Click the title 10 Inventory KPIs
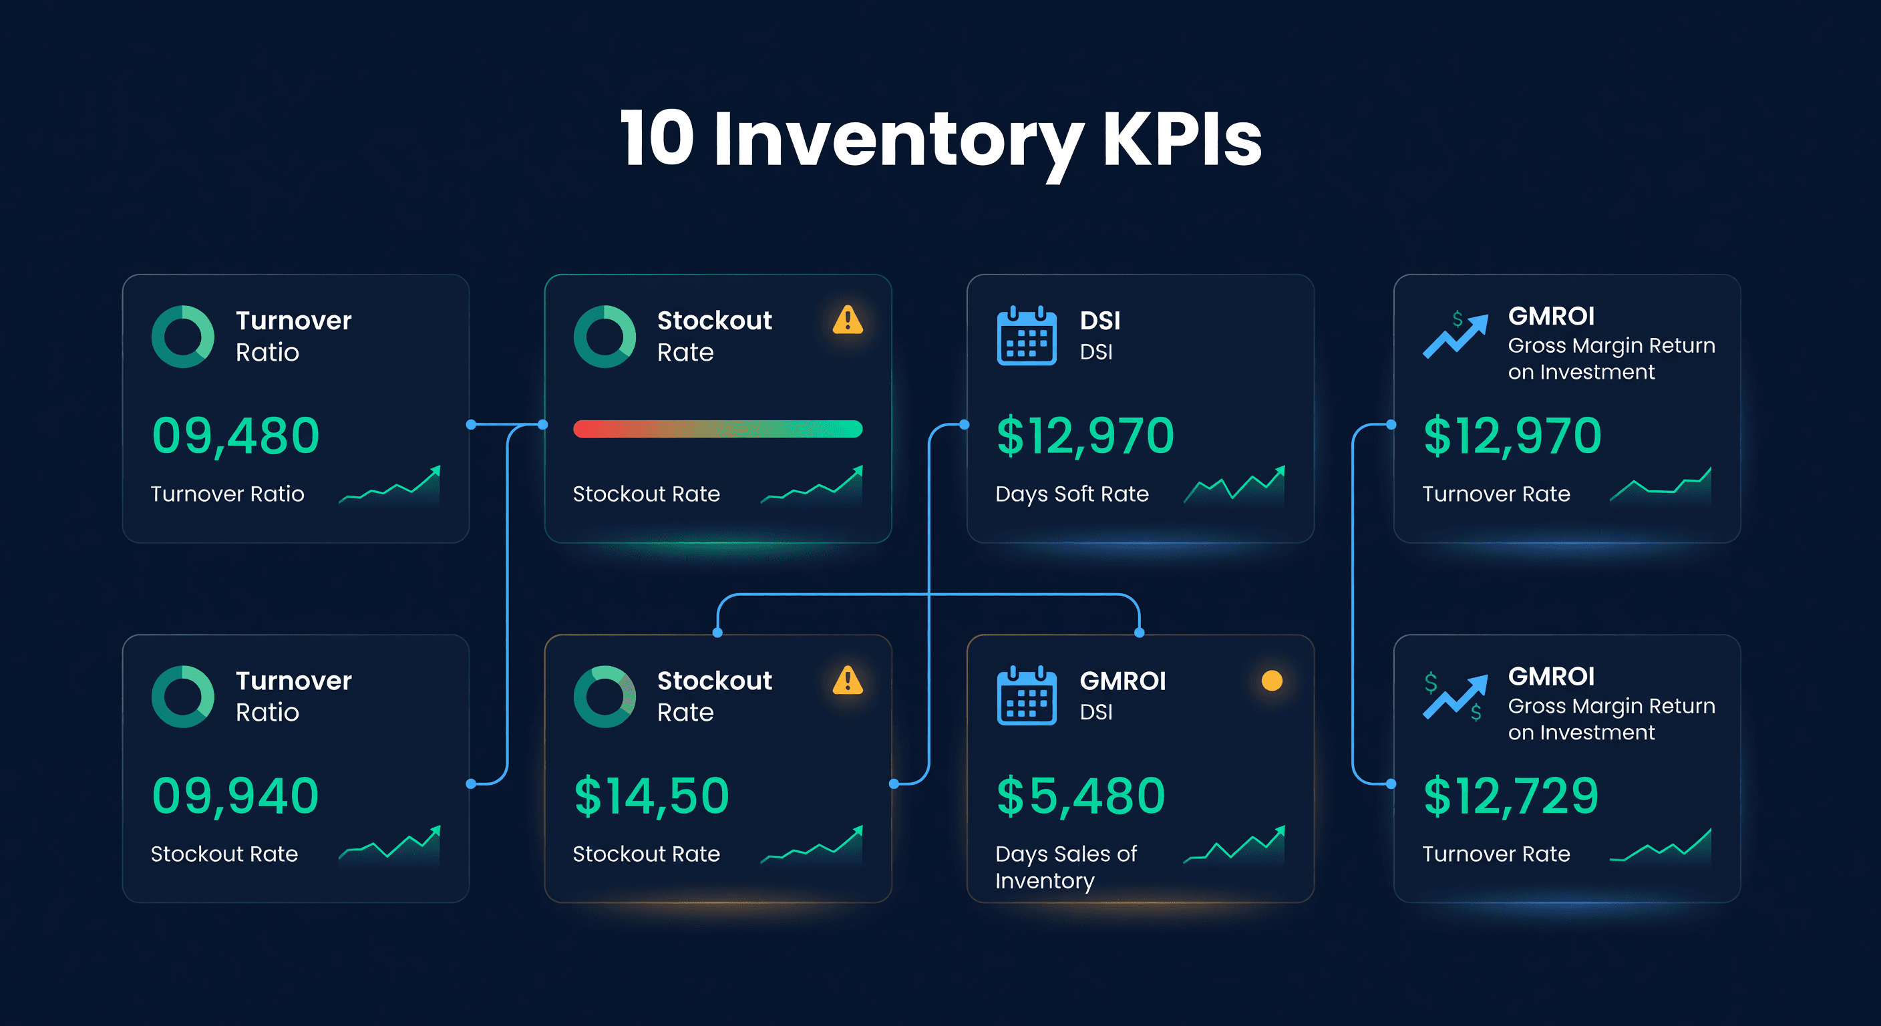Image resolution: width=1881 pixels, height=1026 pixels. click(940, 139)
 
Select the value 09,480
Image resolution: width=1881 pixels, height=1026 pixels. click(235, 436)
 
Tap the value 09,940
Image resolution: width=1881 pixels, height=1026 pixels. click(235, 796)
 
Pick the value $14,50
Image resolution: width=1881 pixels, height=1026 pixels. click(651, 796)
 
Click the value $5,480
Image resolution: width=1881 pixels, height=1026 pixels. click(1081, 796)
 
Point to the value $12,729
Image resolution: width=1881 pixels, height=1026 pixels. click(1511, 796)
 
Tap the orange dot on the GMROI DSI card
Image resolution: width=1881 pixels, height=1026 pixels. click(1271, 681)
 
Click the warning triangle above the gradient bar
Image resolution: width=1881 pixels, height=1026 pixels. click(847, 320)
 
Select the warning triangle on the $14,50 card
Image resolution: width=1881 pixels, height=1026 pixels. click(847, 681)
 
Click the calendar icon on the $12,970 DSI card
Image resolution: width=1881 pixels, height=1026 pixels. click(1026, 336)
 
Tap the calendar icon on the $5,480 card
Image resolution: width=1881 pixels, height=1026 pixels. click(1026, 696)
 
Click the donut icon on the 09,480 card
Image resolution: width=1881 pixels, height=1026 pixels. click(182, 336)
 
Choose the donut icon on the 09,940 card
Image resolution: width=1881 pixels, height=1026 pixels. click(182, 696)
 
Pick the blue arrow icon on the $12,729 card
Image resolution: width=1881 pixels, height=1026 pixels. click(1455, 697)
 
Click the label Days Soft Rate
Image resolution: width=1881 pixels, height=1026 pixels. click(1071, 494)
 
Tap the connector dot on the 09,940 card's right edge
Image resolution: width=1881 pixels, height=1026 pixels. click(471, 784)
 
